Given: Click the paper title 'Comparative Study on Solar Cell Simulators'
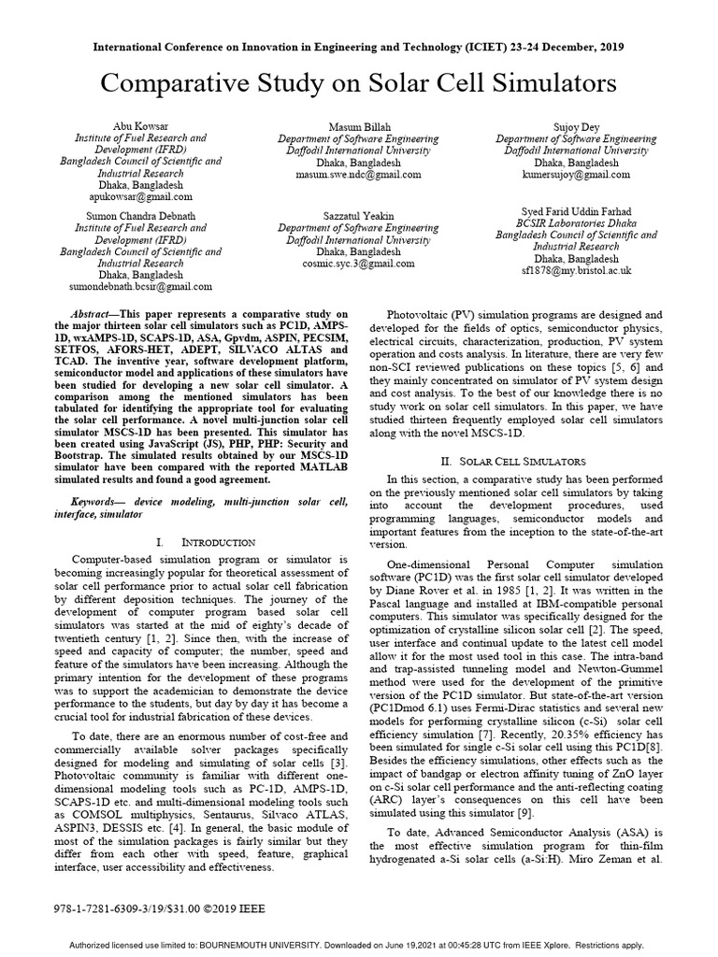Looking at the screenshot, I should coord(358,84).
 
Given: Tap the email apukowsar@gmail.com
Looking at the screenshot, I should coord(141,197).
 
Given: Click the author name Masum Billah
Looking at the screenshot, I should coord(358,125).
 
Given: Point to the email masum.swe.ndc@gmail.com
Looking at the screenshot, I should coord(358,174).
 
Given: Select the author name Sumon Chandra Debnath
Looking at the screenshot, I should coord(140,215).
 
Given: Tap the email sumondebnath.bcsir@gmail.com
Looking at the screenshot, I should coord(141,287).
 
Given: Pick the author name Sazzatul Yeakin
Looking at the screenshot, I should coord(358,215).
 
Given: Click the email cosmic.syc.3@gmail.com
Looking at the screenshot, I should coord(358,264).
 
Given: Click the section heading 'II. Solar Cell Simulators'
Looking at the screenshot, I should coord(512,462).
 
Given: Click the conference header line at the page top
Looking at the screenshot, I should coord(358,46).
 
